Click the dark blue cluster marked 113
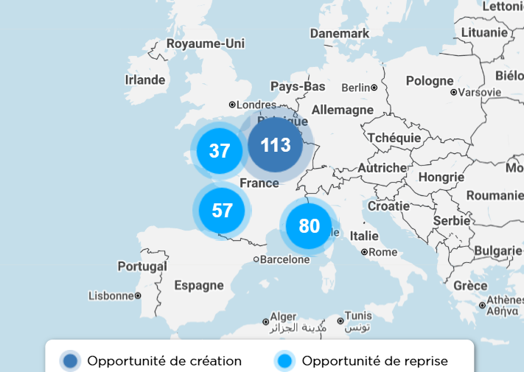point(276,145)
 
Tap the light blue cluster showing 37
point(220,151)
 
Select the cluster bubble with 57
point(222,211)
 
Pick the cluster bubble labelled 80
point(309,226)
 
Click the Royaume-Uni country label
point(205,44)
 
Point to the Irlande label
point(145,80)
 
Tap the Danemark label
point(340,34)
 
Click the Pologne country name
point(430,81)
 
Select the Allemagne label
point(343,110)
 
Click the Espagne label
point(199,285)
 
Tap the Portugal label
point(142,266)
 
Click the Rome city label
point(382,252)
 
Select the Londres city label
point(256,105)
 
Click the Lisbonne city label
point(111,295)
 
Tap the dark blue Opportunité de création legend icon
point(71,361)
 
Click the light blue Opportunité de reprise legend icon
point(284,361)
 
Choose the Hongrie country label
point(441,177)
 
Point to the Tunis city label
point(358,316)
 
